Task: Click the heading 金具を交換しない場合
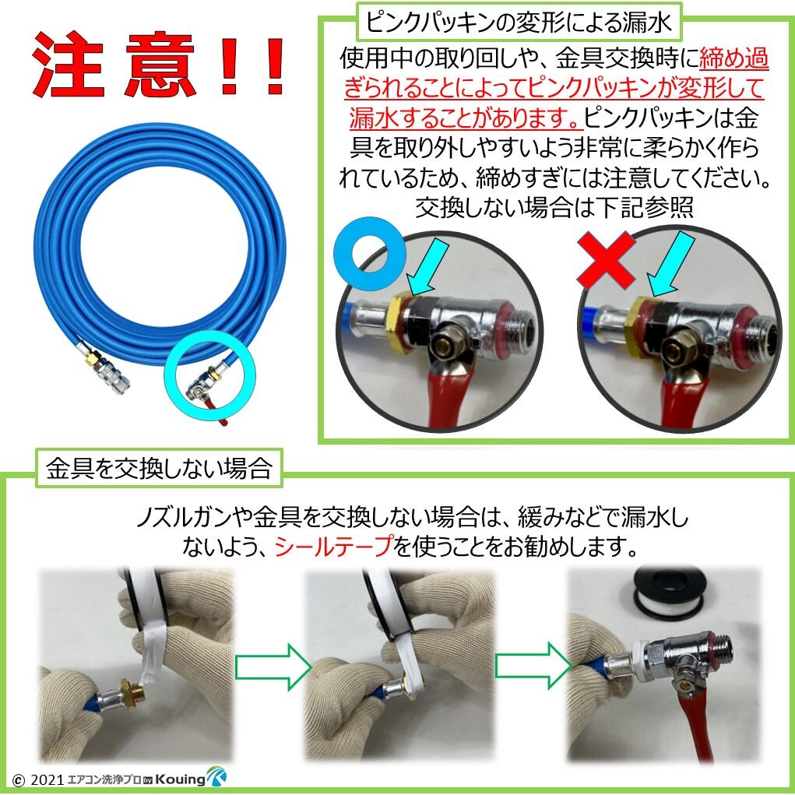click(x=158, y=469)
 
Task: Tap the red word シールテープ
click(x=333, y=547)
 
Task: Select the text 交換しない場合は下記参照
click(x=554, y=209)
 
